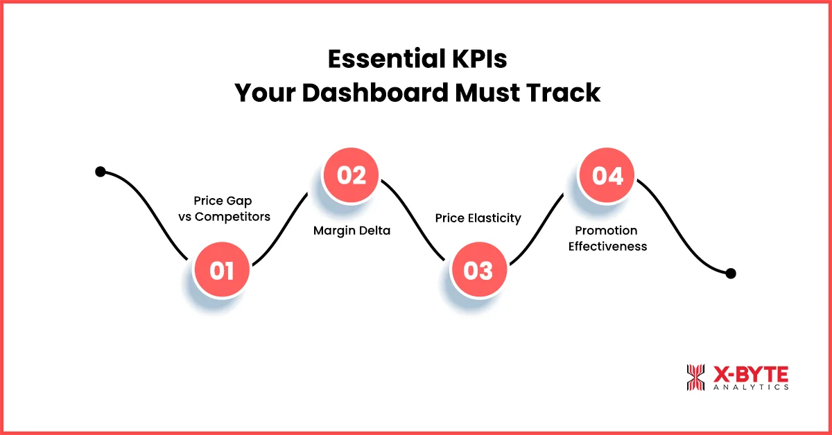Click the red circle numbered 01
[x=222, y=270]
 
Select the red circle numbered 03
[x=478, y=270]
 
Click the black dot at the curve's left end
[x=101, y=172]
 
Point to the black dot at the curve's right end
[x=730, y=274]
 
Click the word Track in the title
[x=566, y=92]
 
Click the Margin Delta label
[x=352, y=231]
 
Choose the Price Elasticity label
[x=478, y=217]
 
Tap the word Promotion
[x=607, y=231]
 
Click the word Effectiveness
[x=607, y=246]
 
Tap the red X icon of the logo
[x=695, y=378]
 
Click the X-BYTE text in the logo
[x=750, y=374]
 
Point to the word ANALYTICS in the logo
[x=750, y=388]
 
